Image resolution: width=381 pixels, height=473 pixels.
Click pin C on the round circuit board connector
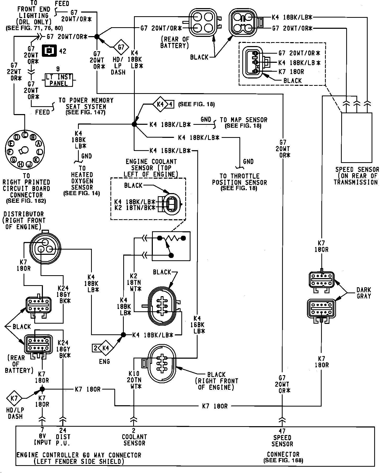point(25,134)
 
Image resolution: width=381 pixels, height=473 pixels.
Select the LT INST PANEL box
point(58,80)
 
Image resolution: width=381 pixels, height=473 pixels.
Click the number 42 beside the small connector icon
point(63,51)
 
